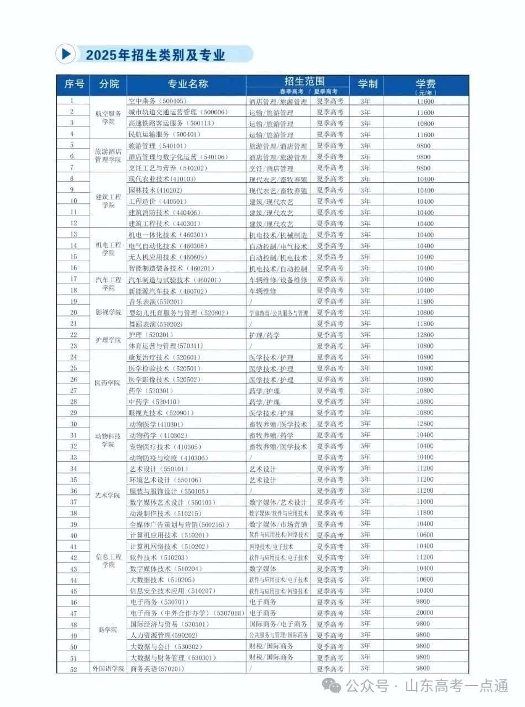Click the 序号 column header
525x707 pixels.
pos(74,84)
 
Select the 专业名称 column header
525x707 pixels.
pos(187,84)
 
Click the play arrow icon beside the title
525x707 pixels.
pos(66,54)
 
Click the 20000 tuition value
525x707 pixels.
pos(426,613)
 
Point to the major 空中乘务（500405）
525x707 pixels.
pos(158,101)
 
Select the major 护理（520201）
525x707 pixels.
pos(148,335)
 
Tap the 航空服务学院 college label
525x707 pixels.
pos(108,118)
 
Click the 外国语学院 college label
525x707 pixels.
pos(108,669)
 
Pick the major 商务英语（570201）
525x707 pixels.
pos(158,669)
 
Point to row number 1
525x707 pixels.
pos(72,101)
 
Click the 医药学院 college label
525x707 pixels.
pos(108,383)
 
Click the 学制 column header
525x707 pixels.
pos(367,84)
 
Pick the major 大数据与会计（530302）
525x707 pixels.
pos(165,646)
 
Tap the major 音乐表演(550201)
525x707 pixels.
pos(155,302)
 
